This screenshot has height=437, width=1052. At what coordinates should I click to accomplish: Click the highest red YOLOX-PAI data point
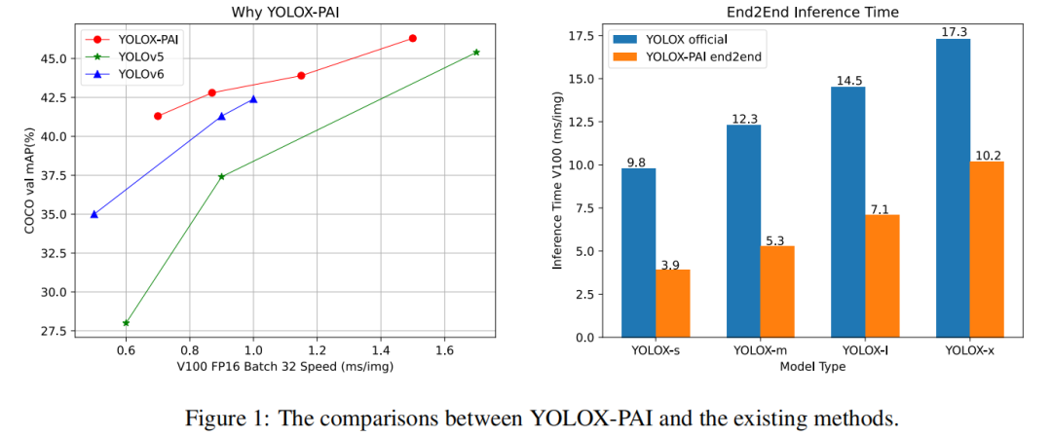click(x=413, y=38)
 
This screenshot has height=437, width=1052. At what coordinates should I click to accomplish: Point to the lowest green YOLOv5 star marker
click(x=127, y=322)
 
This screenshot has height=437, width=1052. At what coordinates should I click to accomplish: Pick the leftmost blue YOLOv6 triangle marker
click(x=94, y=214)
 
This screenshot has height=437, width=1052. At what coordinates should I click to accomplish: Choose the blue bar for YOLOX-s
click(x=638, y=252)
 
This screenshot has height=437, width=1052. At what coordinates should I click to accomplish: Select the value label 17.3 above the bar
click(x=954, y=32)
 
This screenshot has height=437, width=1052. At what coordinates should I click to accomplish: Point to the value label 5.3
click(x=777, y=239)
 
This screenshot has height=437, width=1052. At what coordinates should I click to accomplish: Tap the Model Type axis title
click(x=813, y=367)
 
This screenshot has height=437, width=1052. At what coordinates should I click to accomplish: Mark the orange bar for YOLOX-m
click(x=777, y=291)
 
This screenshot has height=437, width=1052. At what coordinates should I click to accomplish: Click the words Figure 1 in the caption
click(x=226, y=419)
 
